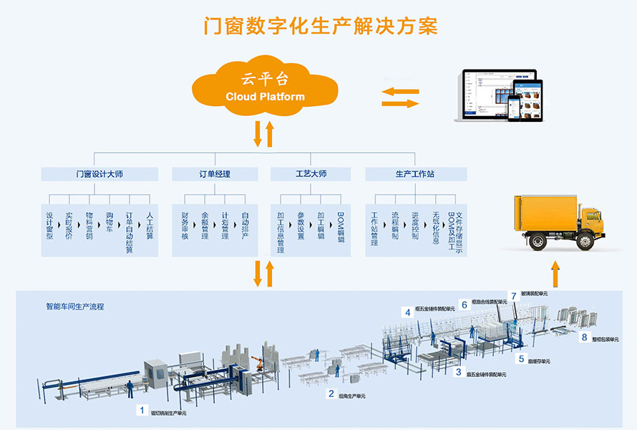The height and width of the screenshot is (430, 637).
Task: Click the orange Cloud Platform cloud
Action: (265, 87)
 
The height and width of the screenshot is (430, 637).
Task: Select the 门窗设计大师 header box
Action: (99, 174)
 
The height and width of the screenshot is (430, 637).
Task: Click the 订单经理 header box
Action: (215, 174)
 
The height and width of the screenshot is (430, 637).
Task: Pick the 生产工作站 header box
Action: (415, 174)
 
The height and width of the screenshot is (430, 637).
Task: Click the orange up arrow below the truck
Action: (555, 275)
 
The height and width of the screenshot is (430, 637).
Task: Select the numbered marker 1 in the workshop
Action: (142, 411)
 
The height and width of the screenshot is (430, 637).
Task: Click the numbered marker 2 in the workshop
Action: (331, 393)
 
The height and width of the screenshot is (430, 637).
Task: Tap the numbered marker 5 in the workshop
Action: (521, 359)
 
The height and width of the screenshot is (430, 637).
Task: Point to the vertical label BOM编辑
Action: (341, 228)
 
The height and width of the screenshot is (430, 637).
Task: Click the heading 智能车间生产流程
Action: (75, 307)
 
